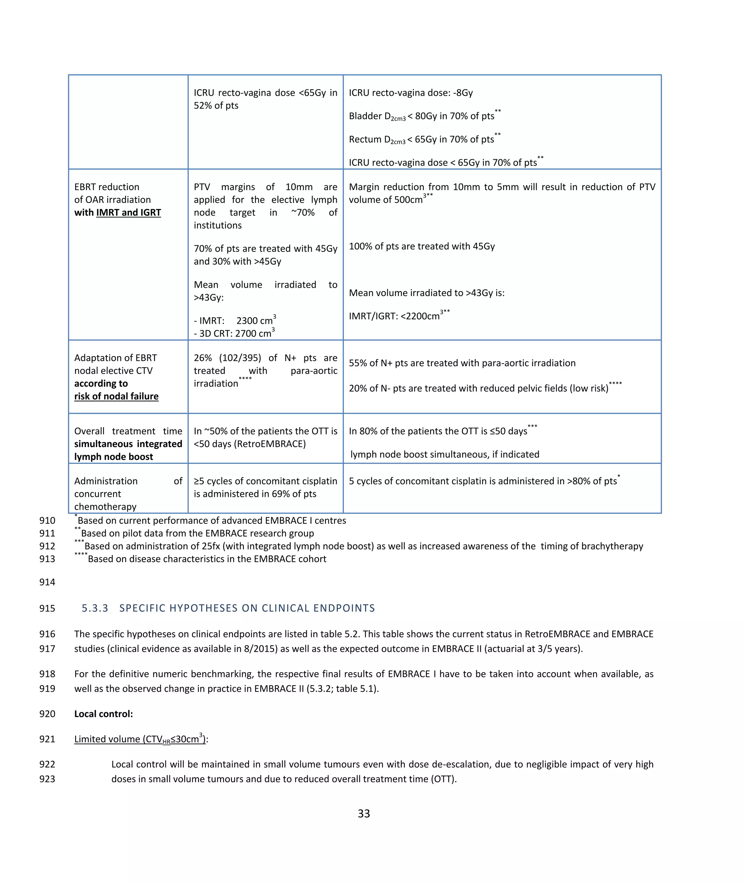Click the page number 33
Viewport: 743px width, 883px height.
[x=364, y=813]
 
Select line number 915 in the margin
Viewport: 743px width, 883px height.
[x=47, y=608]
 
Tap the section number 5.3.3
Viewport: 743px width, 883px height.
[x=95, y=608]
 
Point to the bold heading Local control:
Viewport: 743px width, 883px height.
[x=104, y=714]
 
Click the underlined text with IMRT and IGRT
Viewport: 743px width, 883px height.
[x=118, y=212]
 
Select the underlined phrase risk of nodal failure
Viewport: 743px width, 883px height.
[x=116, y=396]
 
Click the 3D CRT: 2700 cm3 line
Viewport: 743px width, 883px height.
[x=234, y=333]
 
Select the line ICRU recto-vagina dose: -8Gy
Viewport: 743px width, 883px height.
[x=411, y=93]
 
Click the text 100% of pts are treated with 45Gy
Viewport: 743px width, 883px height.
[x=422, y=246]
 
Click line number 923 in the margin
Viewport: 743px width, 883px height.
[x=47, y=779]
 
